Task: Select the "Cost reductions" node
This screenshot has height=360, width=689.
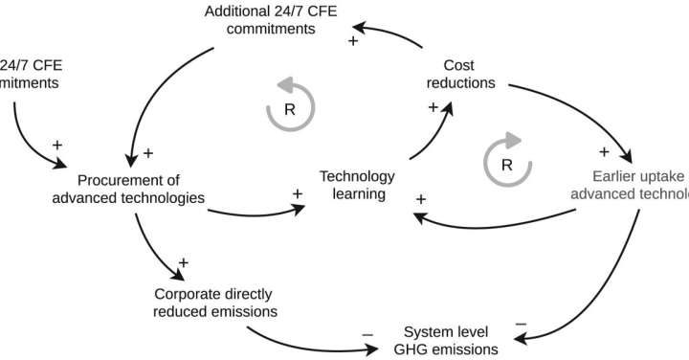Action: (x=460, y=74)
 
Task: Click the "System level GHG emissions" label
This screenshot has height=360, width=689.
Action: (x=450, y=341)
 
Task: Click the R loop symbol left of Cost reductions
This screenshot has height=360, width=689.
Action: (x=287, y=109)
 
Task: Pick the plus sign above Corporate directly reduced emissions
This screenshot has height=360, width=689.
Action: (x=184, y=261)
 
